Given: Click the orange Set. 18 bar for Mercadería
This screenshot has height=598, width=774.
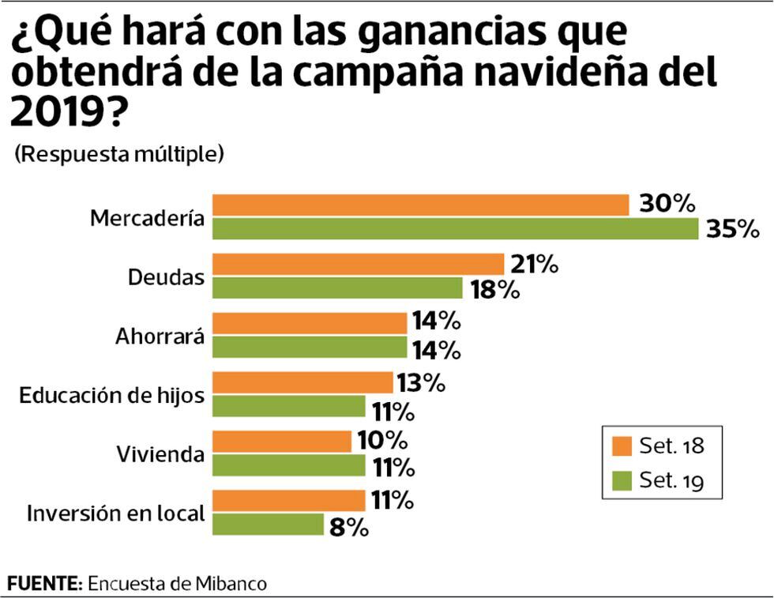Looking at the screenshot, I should point(420,205).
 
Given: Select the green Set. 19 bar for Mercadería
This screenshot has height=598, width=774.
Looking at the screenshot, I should point(456,228).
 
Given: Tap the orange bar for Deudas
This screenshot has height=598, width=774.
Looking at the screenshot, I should point(358,264).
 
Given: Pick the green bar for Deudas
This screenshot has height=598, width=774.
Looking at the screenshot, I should point(337,288).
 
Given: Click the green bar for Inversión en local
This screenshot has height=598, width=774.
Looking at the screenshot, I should point(268,525).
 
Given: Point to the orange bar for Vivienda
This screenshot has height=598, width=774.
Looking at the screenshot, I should point(282,442).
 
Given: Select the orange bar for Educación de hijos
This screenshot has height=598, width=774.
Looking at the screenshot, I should point(302,382).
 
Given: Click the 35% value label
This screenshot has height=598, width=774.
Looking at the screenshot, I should point(732,229).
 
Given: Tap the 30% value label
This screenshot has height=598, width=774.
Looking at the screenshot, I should point(667,204).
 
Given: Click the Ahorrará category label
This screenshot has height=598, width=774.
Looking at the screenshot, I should point(160,337).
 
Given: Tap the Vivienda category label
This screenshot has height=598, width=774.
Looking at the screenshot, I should point(160,454).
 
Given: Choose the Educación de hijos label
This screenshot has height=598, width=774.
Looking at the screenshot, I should point(112,395).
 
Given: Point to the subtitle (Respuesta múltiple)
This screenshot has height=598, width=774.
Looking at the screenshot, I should point(119,153).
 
